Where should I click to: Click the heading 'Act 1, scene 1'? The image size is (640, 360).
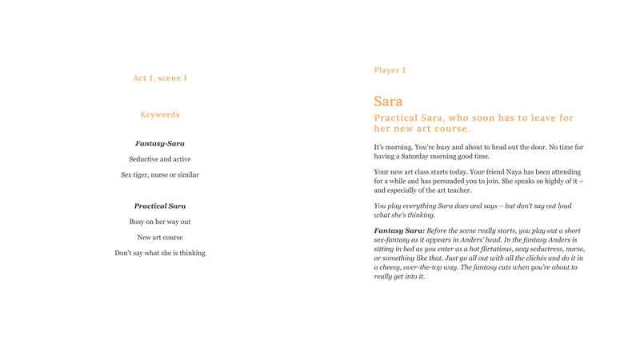pos(160,78)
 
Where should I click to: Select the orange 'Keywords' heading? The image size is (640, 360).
pos(160,114)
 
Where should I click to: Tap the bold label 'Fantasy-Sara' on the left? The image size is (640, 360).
pos(160,143)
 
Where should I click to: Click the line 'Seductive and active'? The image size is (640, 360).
pos(160,159)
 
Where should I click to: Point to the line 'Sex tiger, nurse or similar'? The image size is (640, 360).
pos(160,174)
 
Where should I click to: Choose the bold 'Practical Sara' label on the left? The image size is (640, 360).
pos(160,206)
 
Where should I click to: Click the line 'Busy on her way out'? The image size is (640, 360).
pos(160,222)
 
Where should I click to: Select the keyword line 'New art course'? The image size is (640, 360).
pos(160,238)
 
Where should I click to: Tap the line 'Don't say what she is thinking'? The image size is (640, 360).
pos(160,253)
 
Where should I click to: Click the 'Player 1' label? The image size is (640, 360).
pos(390,70)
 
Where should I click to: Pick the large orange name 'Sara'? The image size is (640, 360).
pos(388,102)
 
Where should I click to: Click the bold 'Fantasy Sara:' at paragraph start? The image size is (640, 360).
pos(399,230)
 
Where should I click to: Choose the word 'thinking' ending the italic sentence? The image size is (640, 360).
pos(419,215)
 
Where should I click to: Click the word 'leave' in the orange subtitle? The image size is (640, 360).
pos(536,118)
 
